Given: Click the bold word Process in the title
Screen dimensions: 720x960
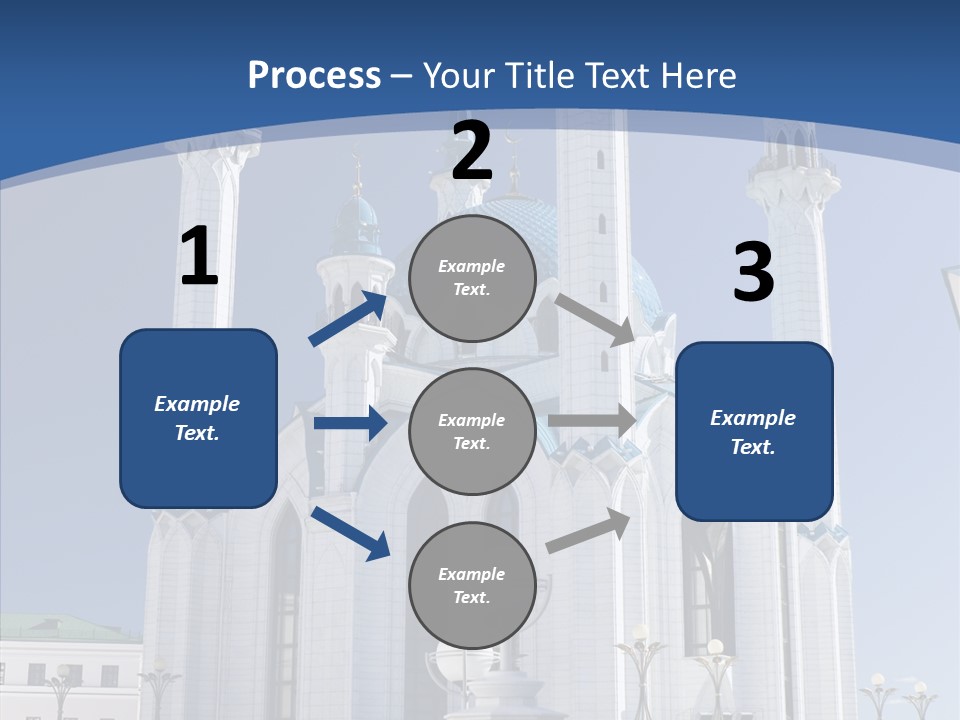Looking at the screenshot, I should click(314, 76).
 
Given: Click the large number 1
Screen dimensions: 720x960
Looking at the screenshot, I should click(198, 257).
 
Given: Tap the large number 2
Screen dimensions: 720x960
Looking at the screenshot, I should click(472, 152).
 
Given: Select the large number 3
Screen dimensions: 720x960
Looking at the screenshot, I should click(753, 273).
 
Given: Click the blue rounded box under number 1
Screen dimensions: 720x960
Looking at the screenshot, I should click(198, 418).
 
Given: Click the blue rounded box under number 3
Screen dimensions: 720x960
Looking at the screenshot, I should click(754, 431).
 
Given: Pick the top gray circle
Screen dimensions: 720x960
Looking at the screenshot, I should click(472, 278).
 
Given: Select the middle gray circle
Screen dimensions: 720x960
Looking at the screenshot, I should click(472, 431).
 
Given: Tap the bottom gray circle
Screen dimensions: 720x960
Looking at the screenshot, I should click(472, 585).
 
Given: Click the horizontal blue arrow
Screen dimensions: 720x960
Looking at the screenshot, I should click(350, 423).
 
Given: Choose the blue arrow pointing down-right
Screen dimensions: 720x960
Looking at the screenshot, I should click(351, 533).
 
